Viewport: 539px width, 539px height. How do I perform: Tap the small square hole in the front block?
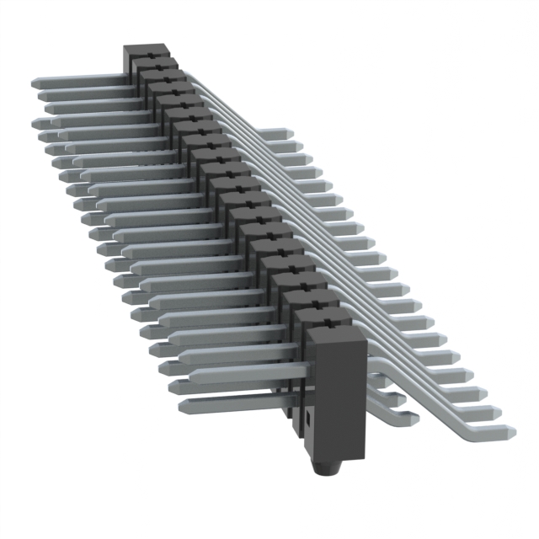click(x=309, y=416)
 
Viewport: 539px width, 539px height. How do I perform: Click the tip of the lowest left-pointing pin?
click(x=182, y=407)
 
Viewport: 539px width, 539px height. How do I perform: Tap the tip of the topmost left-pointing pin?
click(x=36, y=84)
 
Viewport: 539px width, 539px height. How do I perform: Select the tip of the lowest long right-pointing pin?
click(x=510, y=431)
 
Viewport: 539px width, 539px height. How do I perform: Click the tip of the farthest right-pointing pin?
click(x=287, y=133)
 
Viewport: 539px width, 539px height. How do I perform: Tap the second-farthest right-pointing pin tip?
click(x=299, y=147)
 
